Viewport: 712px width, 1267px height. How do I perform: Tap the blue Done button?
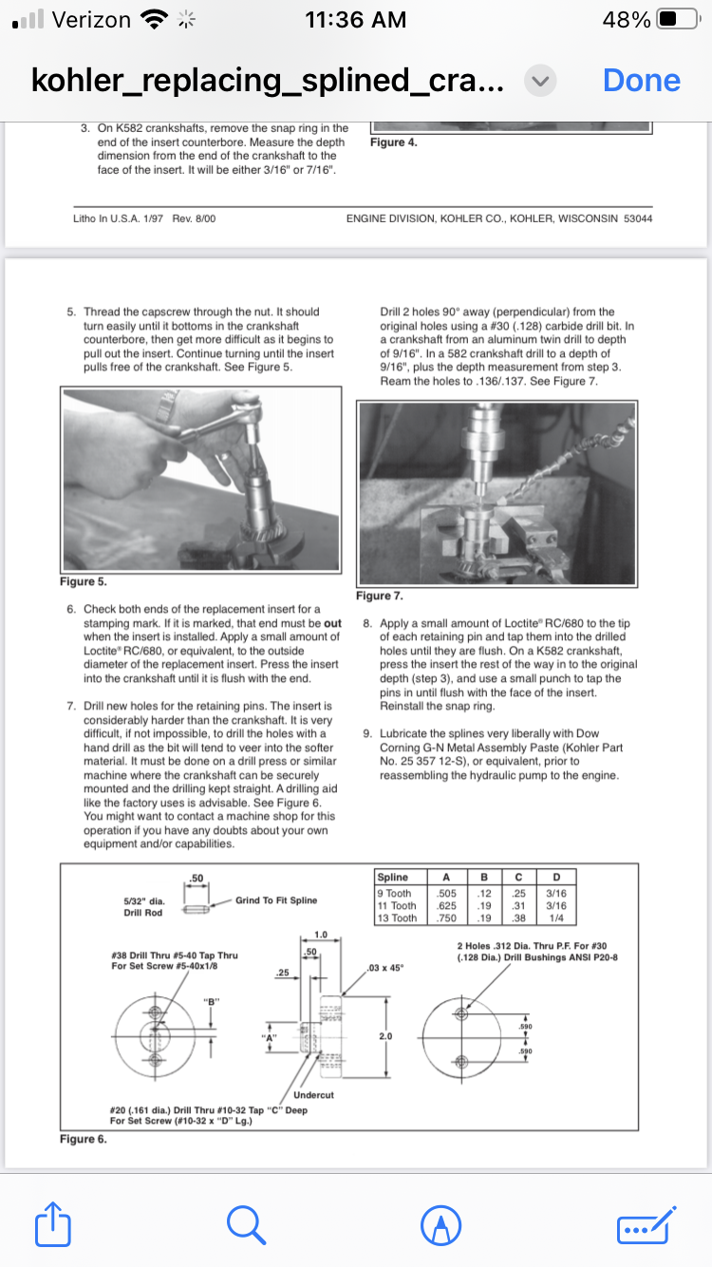point(642,81)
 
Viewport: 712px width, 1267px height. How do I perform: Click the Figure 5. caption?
point(83,581)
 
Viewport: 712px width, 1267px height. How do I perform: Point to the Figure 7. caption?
point(379,596)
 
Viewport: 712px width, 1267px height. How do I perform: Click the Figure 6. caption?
point(83,1138)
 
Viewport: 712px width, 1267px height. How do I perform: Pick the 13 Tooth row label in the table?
point(397,918)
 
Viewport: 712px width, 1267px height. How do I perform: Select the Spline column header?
point(393,879)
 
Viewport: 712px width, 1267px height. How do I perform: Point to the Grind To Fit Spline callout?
point(276,900)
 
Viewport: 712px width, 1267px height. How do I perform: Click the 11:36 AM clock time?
point(356,19)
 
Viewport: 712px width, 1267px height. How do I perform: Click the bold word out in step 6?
point(332,623)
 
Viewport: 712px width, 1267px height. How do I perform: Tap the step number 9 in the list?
point(367,733)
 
